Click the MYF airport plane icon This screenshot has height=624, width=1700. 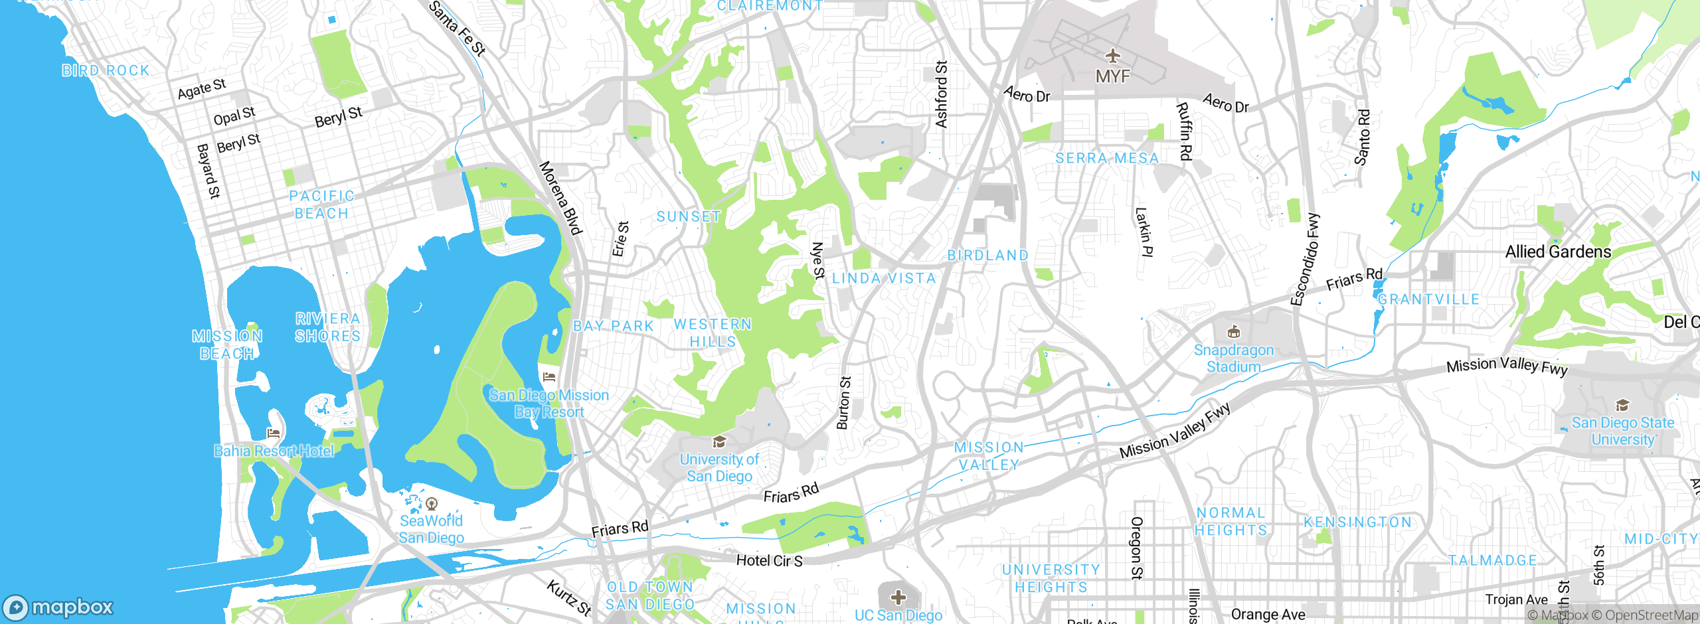tap(1113, 56)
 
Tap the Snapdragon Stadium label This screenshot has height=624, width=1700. tap(1233, 358)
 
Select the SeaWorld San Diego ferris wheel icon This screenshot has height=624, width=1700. tap(432, 504)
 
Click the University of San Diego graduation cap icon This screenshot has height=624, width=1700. tap(719, 442)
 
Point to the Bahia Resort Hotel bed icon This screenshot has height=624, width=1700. tap(273, 433)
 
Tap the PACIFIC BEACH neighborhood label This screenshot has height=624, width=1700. tap(322, 204)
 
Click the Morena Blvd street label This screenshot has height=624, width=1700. tap(560, 198)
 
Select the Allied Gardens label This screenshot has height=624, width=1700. tap(1558, 252)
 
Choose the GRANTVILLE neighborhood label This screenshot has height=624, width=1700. tap(1428, 299)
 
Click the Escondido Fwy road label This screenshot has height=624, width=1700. tap(1306, 260)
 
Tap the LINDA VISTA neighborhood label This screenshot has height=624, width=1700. tap(884, 278)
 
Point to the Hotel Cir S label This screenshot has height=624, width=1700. tap(769, 561)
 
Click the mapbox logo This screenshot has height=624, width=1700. tap(58, 607)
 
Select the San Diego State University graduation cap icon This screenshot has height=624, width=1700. tap(1622, 406)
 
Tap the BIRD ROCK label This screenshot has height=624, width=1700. tap(106, 70)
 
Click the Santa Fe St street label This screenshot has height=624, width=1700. tap(458, 29)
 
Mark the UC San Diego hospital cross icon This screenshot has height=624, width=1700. tap(898, 597)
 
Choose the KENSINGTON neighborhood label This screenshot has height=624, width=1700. tap(1357, 522)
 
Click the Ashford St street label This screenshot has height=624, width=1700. tap(942, 94)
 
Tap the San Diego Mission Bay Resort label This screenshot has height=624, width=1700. tap(549, 404)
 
